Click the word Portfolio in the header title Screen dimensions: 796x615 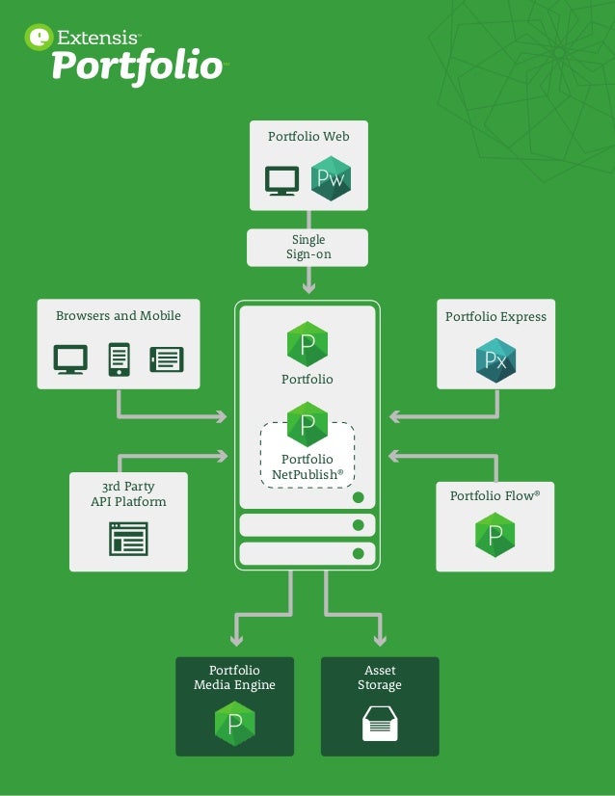coord(136,67)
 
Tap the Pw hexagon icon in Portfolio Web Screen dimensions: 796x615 coord(331,179)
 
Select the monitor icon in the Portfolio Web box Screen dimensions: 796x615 coord(282,180)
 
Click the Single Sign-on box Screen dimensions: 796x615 coord(307,247)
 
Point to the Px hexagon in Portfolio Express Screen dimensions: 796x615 coord(495,361)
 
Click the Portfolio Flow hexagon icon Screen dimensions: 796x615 coord(495,535)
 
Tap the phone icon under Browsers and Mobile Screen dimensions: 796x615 coord(119,359)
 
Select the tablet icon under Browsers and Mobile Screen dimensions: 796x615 coord(166,359)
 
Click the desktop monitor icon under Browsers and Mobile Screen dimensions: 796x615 coord(70,359)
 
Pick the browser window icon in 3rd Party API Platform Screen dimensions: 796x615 coord(128,539)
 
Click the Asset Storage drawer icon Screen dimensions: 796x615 coord(380,723)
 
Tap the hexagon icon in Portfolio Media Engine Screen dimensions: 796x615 coord(234,724)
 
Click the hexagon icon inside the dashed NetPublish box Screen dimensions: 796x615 coord(307,424)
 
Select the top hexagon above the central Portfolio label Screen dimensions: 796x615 coord(307,344)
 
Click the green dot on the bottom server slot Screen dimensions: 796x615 coord(358,553)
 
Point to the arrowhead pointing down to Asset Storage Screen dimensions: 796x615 coord(380,639)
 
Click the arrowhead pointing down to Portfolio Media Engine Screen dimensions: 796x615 coord(235,639)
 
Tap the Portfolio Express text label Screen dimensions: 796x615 coord(495,317)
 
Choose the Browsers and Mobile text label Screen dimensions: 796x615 coord(119,316)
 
